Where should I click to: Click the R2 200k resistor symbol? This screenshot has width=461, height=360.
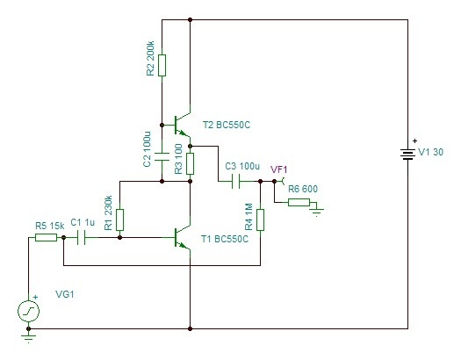pyautogui.click(x=162, y=65)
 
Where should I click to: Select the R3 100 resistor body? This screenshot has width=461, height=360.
pyautogui.click(x=191, y=163)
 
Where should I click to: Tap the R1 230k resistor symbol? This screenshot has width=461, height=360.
pyautogui.click(x=119, y=220)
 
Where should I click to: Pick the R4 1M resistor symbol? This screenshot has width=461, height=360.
pyautogui.click(x=260, y=220)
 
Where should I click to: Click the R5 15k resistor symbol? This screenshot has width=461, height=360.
pyautogui.click(x=47, y=237)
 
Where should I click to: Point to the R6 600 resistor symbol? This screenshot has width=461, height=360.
pyautogui.click(x=299, y=202)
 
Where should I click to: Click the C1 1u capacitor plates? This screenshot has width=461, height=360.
pyautogui.click(x=81, y=237)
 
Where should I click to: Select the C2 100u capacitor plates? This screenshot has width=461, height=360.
pyautogui.click(x=162, y=156)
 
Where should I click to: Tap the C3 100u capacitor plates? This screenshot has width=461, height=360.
pyautogui.click(x=236, y=182)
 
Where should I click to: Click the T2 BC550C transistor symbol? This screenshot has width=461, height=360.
pyautogui.click(x=183, y=125)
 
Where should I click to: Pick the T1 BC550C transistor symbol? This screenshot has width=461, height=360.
pyautogui.click(x=183, y=237)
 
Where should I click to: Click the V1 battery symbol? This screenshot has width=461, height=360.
pyautogui.click(x=407, y=154)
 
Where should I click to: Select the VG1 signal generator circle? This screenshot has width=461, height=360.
pyautogui.click(x=28, y=311)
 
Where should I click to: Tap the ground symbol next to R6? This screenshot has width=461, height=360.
pyautogui.click(x=317, y=212)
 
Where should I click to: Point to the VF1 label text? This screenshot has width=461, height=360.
pyautogui.click(x=278, y=169)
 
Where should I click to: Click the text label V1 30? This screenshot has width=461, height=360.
pyautogui.click(x=430, y=152)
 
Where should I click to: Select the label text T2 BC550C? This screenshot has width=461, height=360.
pyautogui.click(x=227, y=125)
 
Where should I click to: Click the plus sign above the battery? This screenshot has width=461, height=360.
pyautogui.click(x=414, y=141)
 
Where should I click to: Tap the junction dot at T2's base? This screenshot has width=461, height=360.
pyautogui.click(x=162, y=125)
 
